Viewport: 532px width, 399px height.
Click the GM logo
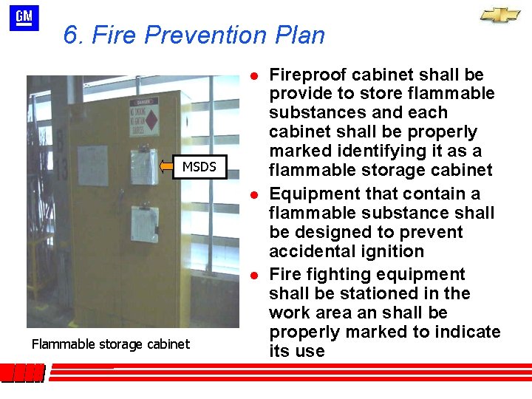pyautogui.click(x=24, y=18)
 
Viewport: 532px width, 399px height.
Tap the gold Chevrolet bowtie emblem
pyautogui.click(x=500, y=16)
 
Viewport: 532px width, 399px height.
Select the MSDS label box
pyautogui.click(x=199, y=167)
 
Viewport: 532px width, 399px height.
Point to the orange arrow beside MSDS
pyautogui.click(x=169, y=167)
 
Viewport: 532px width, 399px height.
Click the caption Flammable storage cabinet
pyautogui.click(x=111, y=344)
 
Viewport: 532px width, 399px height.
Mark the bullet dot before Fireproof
pyautogui.click(x=253, y=75)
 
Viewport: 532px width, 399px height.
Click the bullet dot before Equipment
pyautogui.click(x=253, y=194)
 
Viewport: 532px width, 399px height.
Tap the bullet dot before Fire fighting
pyautogui.click(x=253, y=275)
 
